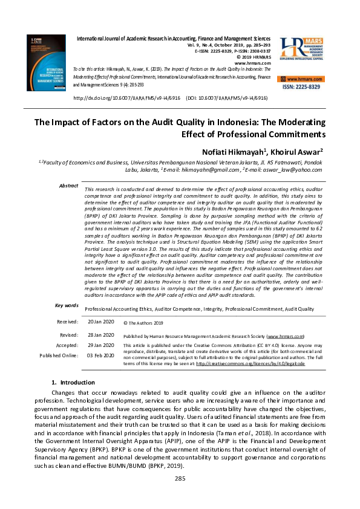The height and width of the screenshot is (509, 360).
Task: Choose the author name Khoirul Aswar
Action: tap(301, 149)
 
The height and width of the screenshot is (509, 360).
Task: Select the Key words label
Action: tap(67, 306)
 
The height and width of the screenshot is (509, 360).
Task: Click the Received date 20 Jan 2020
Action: tap(100, 322)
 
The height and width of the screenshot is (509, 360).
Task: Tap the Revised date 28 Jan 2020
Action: tap(100, 335)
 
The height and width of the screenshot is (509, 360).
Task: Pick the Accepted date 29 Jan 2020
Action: tap(100, 345)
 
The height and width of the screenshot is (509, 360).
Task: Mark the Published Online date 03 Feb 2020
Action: tap(100, 355)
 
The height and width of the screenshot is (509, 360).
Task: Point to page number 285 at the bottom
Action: tap(179, 496)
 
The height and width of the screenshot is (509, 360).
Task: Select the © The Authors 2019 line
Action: tap(143, 323)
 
